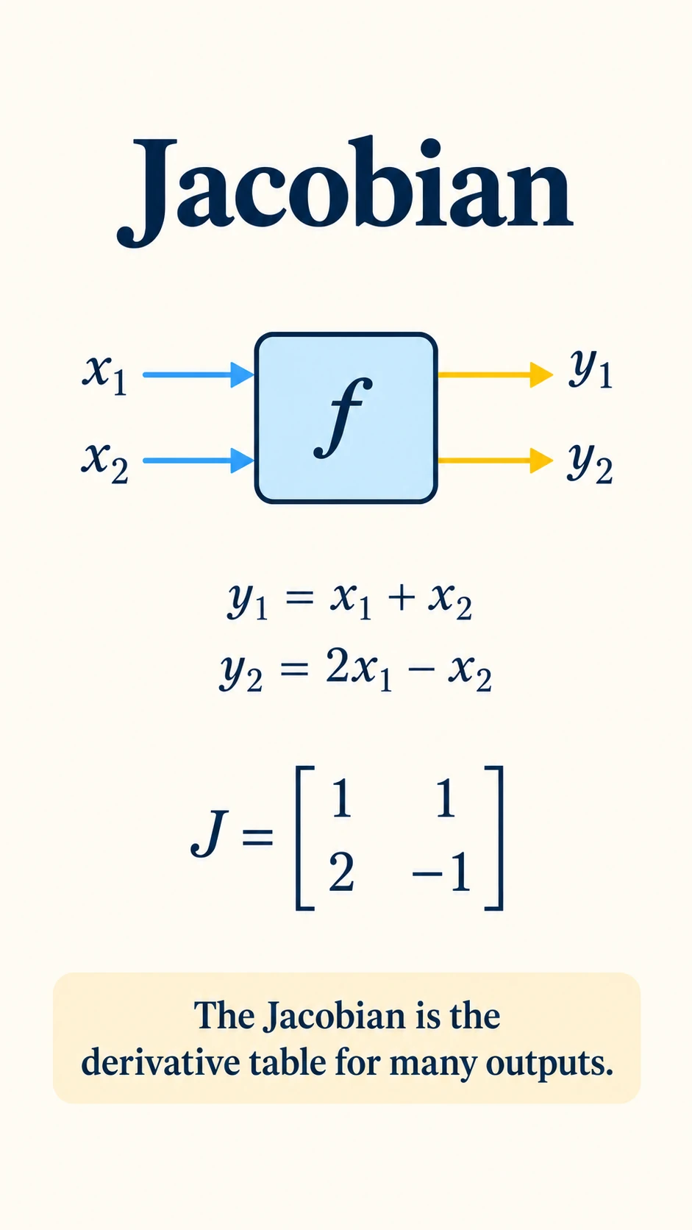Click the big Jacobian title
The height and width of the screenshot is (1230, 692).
click(x=345, y=190)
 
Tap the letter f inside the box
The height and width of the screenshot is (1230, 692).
click(x=344, y=418)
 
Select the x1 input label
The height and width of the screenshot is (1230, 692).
click(x=105, y=376)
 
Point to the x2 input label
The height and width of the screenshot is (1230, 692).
click(x=105, y=463)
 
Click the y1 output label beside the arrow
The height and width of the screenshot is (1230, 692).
click(x=590, y=369)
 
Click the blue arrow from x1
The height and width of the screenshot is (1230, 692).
click(x=198, y=375)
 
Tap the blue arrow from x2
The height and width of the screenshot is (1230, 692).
click(x=198, y=461)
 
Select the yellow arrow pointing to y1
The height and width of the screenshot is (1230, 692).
click(x=495, y=375)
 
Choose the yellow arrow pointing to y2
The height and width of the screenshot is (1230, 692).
click(x=495, y=461)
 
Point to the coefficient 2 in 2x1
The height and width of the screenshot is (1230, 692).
click(x=338, y=667)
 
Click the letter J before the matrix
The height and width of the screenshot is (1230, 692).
click(x=209, y=835)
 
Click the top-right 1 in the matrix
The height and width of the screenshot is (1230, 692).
click(x=445, y=799)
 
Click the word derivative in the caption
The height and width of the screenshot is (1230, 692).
click(x=160, y=1063)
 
